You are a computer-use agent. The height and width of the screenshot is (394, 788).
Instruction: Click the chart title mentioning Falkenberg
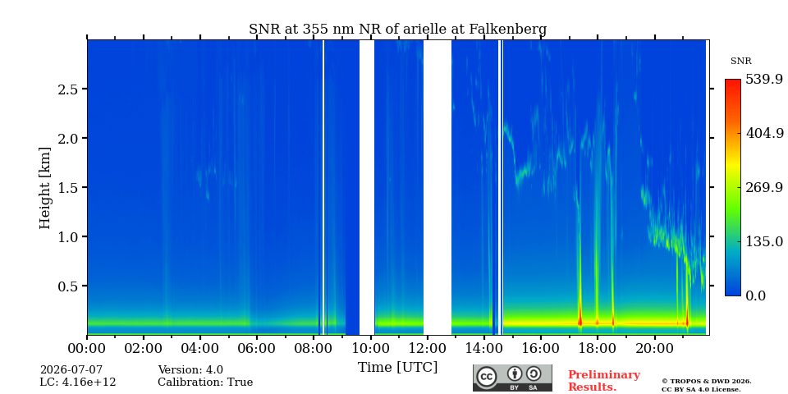tap(397, 30)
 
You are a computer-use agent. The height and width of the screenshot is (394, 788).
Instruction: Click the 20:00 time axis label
tap(653, 348)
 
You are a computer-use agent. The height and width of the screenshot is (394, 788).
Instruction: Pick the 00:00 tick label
tap(87, 348)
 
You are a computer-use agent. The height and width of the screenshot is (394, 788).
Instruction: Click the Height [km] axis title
tap(45, 188)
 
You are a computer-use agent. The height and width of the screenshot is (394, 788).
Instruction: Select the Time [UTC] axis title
tap(397, 368)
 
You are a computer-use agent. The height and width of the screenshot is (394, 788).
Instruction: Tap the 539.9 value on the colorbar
tap(763, 80)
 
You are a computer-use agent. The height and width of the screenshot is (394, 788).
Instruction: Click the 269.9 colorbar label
tap(763, 187)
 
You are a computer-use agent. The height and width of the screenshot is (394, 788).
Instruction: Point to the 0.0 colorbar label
tap(755, 295)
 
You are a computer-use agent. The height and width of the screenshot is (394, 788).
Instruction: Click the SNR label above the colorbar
tap(740, 62)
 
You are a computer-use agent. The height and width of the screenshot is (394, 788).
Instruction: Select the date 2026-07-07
tap(71, 370)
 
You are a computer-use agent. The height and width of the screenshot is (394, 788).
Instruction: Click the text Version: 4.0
tap(190, 370)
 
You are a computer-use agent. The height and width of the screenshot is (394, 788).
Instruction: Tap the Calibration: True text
tap(205, 383)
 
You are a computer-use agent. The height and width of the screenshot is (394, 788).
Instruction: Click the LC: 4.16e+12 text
tap(78, 383)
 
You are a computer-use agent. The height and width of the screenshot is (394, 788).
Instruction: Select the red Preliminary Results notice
tap(604, 381)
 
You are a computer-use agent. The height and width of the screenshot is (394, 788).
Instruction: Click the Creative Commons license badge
tap(512, 378)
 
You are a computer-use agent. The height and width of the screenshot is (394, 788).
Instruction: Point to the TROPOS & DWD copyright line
tap(706, 382)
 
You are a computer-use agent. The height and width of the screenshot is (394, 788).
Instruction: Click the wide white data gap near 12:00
tap(438, 187)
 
